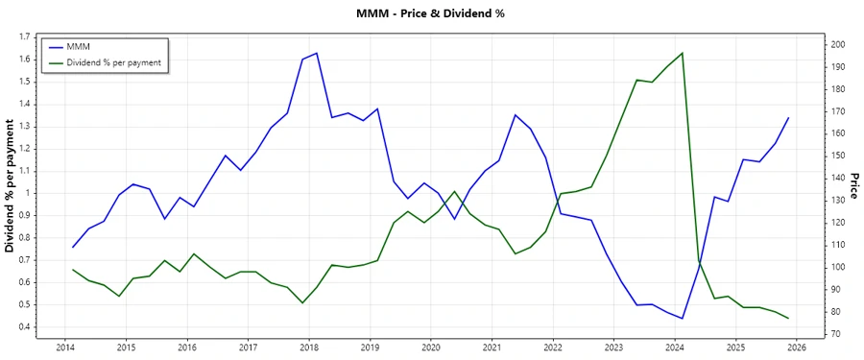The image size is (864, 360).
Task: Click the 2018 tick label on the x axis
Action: (x=309, y=347)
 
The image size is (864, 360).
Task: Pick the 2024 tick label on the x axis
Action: (x=675, y=347)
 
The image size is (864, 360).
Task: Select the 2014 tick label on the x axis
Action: (x=65, y=347)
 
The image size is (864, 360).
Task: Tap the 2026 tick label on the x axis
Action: (x=797, y=347)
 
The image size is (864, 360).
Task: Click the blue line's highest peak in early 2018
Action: (x=317, y=53)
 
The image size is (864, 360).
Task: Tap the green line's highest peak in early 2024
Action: (x=682, y=53)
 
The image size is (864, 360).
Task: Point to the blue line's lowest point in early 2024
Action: (x=682, y=318)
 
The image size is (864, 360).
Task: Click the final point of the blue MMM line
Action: (x=788, y=118)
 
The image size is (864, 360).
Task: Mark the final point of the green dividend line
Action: (x=788, y=318)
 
